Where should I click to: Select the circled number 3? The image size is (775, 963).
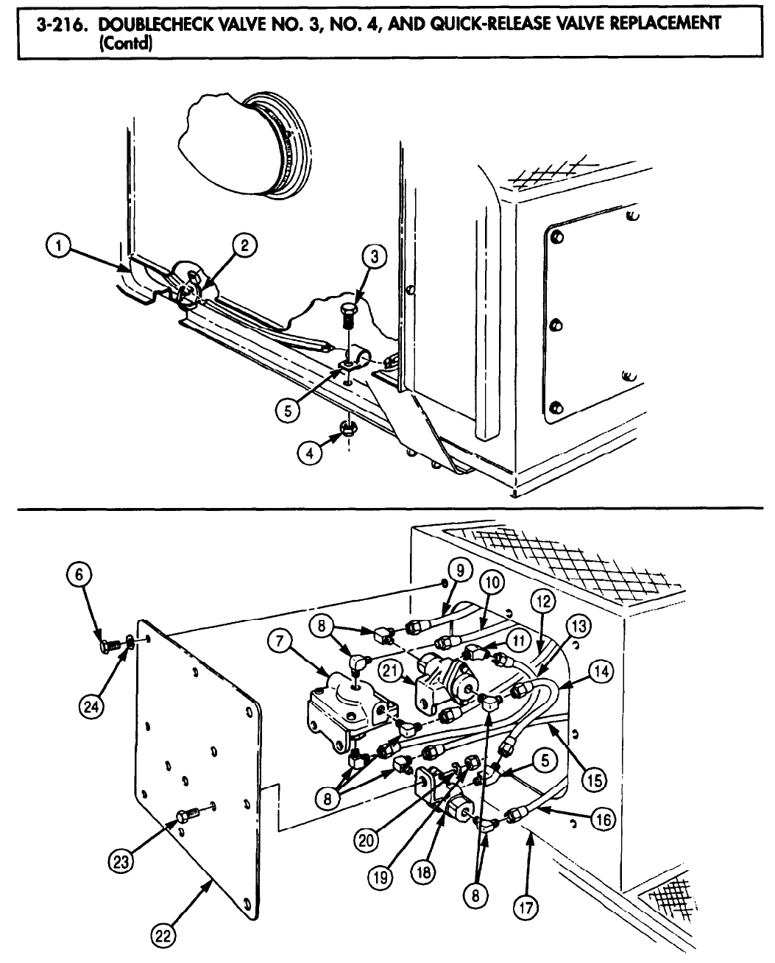click(374, 256)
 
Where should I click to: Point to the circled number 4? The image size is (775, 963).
click(310, 454)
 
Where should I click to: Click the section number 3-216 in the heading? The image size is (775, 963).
click(61, 23)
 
